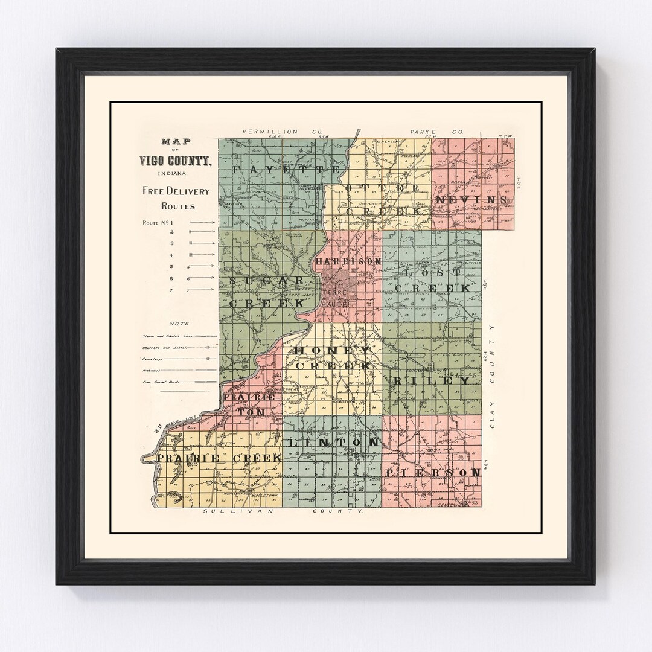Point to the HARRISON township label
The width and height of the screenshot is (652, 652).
348,262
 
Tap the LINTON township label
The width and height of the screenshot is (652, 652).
334,443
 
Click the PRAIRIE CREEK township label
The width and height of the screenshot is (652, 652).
220,459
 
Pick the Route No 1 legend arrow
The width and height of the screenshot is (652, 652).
202,222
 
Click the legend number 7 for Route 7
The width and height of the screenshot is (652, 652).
172,290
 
